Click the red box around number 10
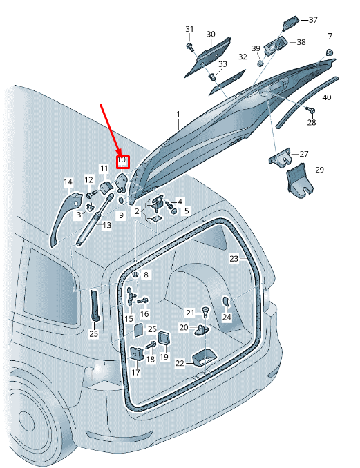(x=122, y=162)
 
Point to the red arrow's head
(x=120, y=153)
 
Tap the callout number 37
(x=313, y=20)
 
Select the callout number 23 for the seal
(x=234, y=258)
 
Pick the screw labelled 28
(x=311, y=110)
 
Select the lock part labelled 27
(x=280, y=157)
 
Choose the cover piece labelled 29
(x=299, y=179)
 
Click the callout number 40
(x=327, y=97)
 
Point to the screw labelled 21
(x=205, y=312)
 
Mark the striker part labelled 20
(x=202, y=330)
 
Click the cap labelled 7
(x=329, y=52)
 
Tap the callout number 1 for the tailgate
(x=178, y=115)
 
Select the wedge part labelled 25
(x=95, y=305)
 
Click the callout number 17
(x=135, y=372)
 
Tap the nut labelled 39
(x=260, y=64)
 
